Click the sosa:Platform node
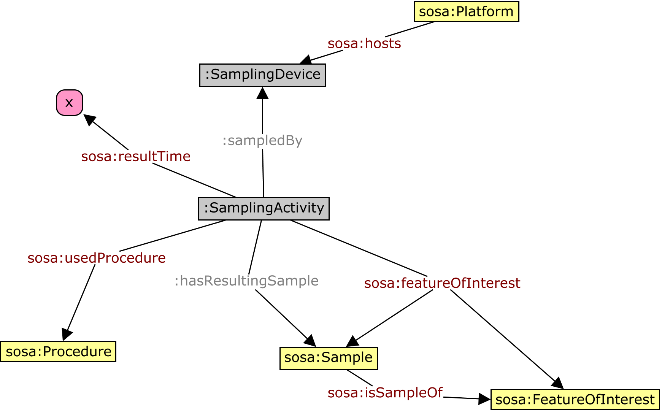[x=466, y=11]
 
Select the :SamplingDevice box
[x=262, y=75]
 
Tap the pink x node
[x=70, y=102]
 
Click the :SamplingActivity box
[x=264, y=208]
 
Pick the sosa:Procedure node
[x=58, y=351]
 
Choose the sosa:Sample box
[x=329, y=358]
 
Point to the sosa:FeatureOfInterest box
[x=575, y=399]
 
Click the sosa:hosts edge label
[x=364, y=43]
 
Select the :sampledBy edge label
[x=262, y=140]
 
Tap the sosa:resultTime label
[x=136, y=156]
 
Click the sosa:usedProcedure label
[x=97, y=258]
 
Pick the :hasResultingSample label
[x=246, y=281]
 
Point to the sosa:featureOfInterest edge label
[x=442, y=283]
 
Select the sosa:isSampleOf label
[x=385, y=392]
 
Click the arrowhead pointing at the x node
[x=89, y=119]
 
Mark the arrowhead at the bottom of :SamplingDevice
[x=262, y=93]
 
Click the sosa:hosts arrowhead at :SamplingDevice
[x=306, y=60]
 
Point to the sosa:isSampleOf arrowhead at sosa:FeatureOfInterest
[x=484, y=398]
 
